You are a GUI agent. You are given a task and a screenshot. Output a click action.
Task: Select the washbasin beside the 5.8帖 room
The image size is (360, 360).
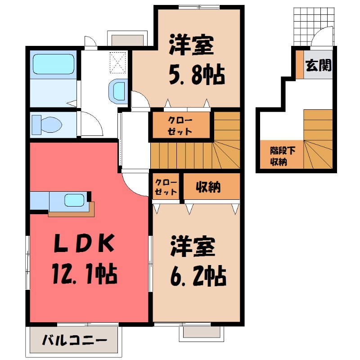(119, 90)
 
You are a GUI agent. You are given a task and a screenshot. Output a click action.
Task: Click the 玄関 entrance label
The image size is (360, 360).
(319, 66)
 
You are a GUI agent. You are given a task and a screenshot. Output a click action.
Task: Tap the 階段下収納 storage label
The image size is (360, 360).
(280, 156)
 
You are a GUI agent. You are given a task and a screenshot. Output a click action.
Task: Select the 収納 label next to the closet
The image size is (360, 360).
(208, 186)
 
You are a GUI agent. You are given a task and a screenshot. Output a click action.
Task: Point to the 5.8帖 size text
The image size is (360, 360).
(197, 75)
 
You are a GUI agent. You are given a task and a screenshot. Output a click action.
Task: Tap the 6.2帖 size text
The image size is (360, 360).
(198, 275)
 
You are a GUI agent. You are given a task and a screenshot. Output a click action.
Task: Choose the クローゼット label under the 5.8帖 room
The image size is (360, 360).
(180, 126)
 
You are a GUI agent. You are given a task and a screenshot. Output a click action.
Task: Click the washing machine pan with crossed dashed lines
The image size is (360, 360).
(118, 62)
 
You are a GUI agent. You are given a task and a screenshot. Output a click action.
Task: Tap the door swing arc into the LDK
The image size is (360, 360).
(135, 184)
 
